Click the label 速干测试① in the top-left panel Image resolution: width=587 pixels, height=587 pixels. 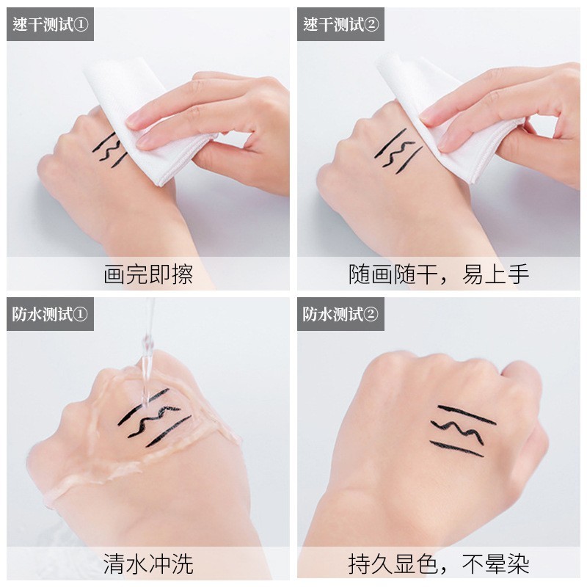51,25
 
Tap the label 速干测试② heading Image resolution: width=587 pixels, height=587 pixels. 340,25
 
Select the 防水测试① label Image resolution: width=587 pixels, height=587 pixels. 50,314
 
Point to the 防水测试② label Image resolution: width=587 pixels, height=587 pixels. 340,314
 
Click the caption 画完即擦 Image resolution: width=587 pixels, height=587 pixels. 148,274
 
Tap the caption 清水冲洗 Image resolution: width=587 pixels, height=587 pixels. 148,564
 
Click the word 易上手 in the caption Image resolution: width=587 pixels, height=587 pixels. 495,274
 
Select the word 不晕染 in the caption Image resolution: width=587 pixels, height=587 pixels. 495,564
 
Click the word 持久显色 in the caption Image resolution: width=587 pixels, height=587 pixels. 393,564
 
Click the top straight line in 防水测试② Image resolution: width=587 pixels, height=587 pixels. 467,415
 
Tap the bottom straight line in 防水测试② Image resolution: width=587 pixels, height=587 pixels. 456,449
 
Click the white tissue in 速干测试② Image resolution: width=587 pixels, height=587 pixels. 442,112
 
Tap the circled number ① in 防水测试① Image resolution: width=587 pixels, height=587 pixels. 81,315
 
